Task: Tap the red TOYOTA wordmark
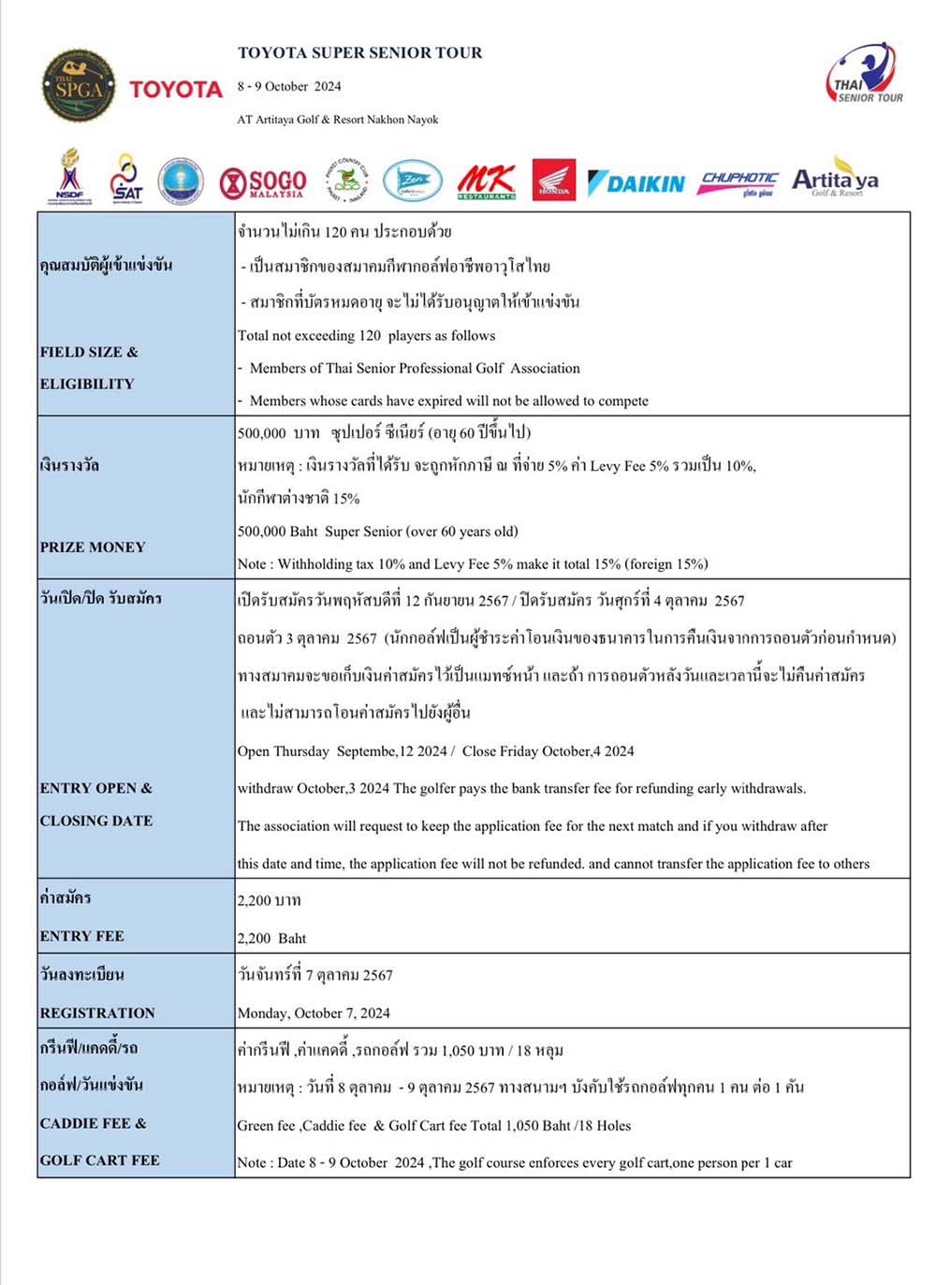176,89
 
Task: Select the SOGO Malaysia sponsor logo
263,183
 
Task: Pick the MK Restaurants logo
486,181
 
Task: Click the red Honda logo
553,180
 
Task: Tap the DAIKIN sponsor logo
636,183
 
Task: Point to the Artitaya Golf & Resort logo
835,180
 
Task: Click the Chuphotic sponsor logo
739,182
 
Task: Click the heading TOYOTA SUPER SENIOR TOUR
360,52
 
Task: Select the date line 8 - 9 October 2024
289,86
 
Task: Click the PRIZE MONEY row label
93,547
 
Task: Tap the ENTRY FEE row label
82,936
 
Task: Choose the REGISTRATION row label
97,1013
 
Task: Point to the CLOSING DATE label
96,821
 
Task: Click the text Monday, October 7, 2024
314,1013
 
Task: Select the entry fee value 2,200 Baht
271,938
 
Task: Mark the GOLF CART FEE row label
100,1161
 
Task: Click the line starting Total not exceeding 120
366,335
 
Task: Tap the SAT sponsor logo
126,179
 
